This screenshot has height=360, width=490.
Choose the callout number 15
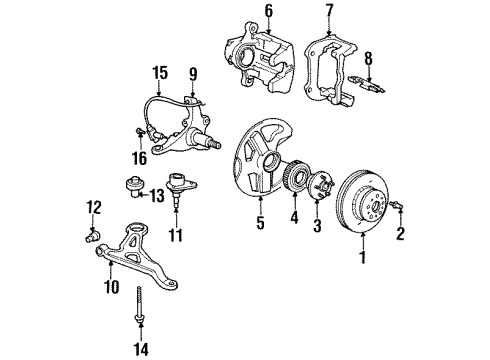(159, 72)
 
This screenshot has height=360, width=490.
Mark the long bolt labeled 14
(137, 304)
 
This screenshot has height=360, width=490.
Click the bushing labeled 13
(131, 187)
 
